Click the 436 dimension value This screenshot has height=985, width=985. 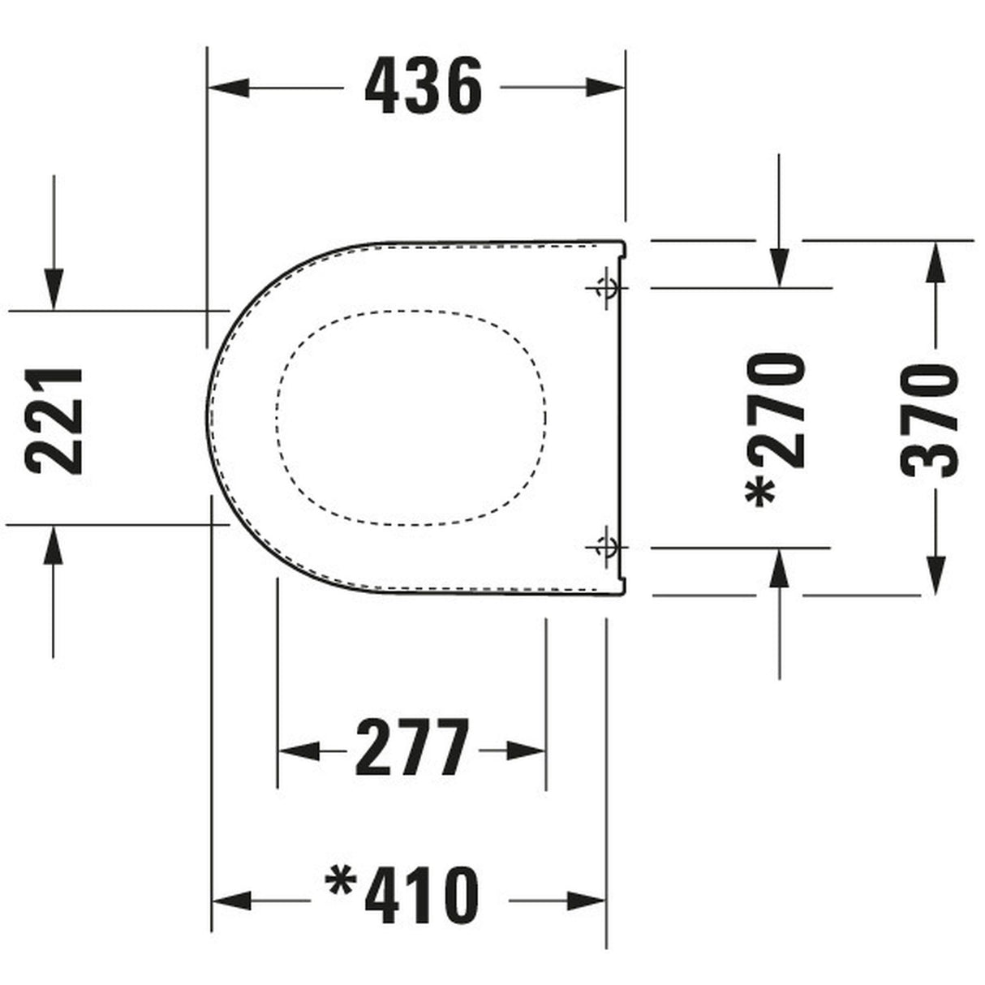point(424,86)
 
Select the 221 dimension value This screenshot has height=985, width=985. point(54,419)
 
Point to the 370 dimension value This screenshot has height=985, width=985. point(931,419)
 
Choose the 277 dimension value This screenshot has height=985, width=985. point(411,748)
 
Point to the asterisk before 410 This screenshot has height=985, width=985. point(340,884)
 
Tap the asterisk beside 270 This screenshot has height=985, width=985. point(762,491)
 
